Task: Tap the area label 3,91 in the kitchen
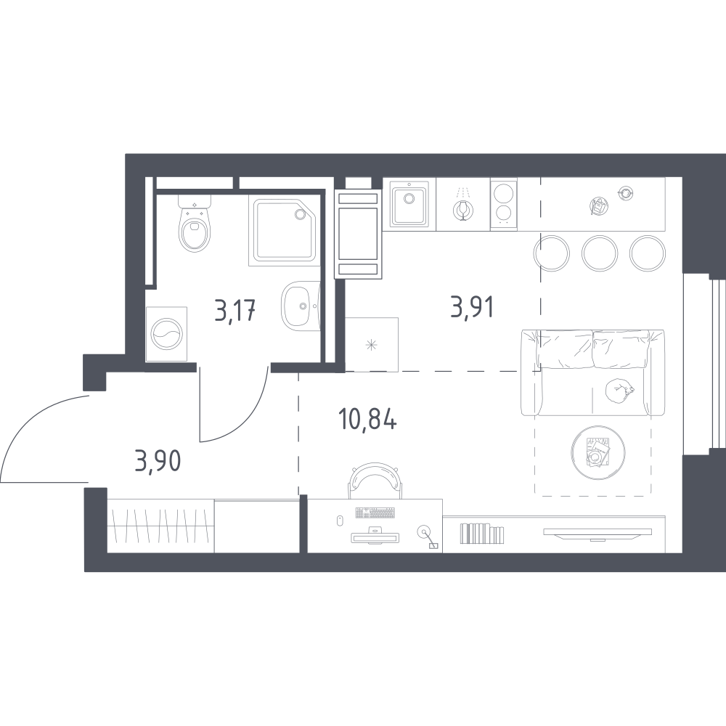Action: tap(472, 306)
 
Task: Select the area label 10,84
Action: tap(367, 420)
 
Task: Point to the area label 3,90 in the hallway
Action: tap(158, 461)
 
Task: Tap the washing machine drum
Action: tap(166, 334)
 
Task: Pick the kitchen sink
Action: tap(409, 204)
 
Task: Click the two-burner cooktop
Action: tap(504, 204)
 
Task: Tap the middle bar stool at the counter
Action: tap(599, 253)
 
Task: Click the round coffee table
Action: tap(598, 452)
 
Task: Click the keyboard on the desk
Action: tap(375, 513)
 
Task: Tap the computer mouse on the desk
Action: tap(339, 521)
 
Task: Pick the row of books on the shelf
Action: tap(481, 533)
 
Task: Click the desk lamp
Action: tap(428, 537)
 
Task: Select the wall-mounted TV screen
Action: tap(597, 533)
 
